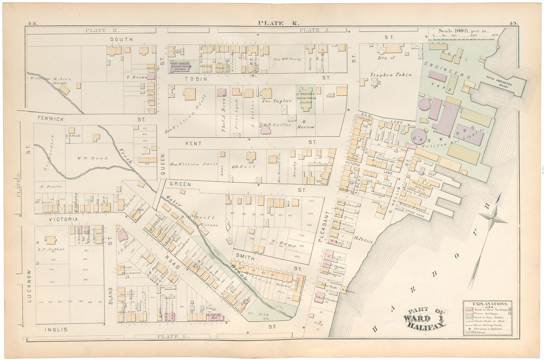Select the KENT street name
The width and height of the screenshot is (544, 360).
tap(193, 143)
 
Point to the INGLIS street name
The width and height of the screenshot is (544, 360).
tap(56, 330)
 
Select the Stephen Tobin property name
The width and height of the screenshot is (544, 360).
tap(391, 74)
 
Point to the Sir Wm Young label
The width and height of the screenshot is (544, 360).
tap(288, 59)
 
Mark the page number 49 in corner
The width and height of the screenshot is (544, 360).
tap(514, 23)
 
